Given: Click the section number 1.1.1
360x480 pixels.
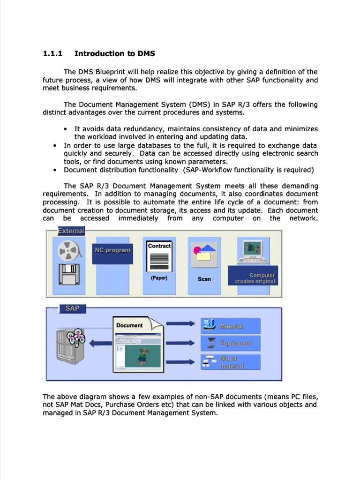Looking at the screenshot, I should click(52, 53).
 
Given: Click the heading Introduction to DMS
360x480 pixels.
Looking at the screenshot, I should click(114, 53).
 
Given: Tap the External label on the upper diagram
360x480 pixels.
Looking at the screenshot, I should click(71, 231).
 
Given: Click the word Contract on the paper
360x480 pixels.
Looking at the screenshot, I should click(159, 246).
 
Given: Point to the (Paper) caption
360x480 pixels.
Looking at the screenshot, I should click(159, 278).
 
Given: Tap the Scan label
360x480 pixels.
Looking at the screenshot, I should click(204, 279).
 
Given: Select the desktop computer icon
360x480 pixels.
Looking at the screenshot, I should click(253, 252).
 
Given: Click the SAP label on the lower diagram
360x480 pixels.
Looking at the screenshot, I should click(73, 308).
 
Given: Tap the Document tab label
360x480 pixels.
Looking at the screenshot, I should click(129, 325).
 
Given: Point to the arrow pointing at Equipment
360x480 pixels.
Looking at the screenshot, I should click(180, 343).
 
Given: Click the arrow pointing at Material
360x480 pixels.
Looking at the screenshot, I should click(180, 323).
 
